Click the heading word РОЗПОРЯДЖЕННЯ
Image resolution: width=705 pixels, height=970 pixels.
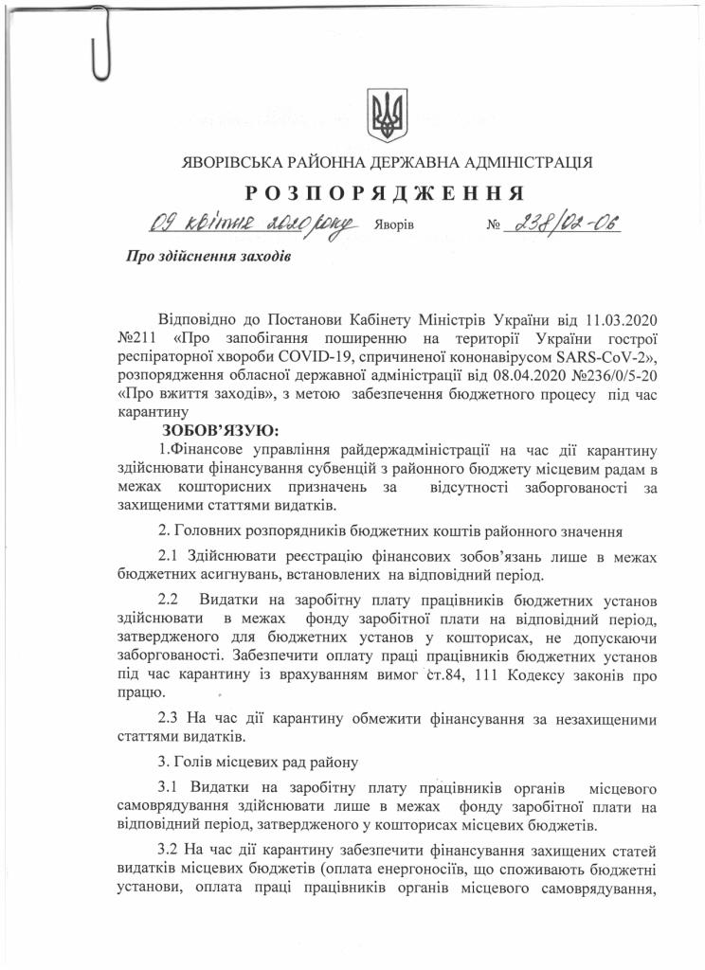(x=385, y=194)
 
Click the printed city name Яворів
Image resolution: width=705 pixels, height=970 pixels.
(x=394, y=228)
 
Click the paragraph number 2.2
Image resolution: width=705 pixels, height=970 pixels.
(x=169, y=600)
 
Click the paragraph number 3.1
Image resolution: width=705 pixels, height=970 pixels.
(x=169, y=788)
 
